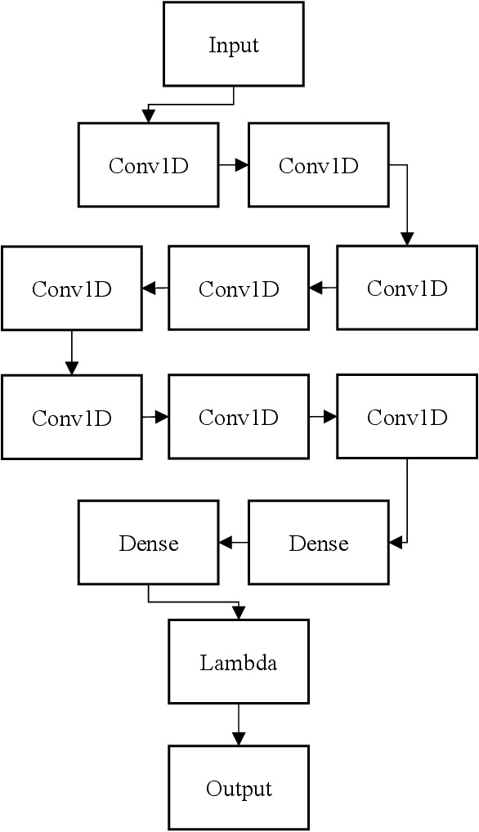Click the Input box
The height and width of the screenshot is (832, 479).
pos(233,44)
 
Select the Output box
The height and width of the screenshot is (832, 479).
pos(239,788)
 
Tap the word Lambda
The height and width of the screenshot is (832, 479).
pos(239,663)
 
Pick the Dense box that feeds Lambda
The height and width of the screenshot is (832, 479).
pos(148,543)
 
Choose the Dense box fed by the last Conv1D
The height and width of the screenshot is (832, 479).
pos(318,543)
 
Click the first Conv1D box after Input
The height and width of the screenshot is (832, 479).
pos(148,165)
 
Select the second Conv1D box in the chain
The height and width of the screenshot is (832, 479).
pos(318,165)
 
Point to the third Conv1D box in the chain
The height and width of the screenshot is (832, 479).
pos(407,288)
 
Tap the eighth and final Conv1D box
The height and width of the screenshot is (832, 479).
pos(407,417)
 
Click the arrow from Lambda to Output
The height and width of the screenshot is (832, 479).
pos(239,724)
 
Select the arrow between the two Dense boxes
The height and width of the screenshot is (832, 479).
pos(233,542)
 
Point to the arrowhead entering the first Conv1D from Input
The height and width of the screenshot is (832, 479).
pos(148,117)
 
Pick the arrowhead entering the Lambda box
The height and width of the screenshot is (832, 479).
pos(239,613)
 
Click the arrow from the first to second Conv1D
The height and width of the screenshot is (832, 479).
pos(233,165)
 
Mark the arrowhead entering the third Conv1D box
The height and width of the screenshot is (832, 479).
pos(407,239)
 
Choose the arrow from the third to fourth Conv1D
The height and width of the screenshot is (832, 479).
pos(322,288)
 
